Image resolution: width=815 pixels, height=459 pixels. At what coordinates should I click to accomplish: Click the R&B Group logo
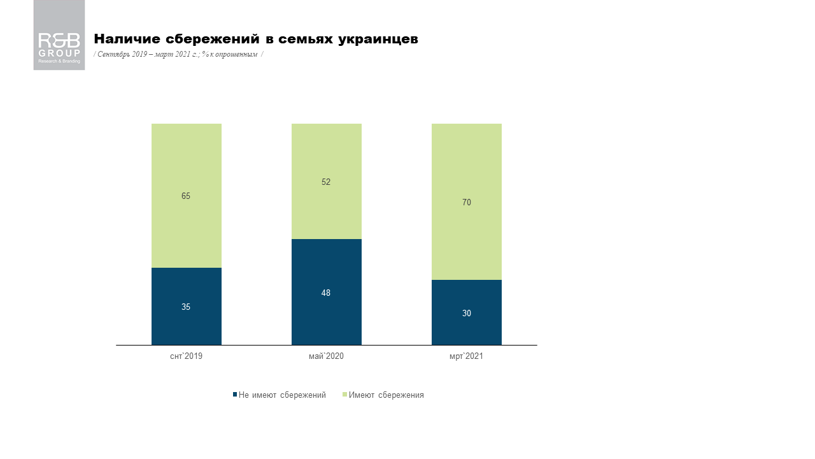tap(59, 35)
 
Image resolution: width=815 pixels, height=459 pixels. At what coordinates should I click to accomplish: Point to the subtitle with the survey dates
tap(178, 54)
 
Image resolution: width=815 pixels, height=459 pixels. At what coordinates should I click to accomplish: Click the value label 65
tap(186, 196)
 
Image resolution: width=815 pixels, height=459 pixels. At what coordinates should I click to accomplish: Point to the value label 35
tap(186, 307)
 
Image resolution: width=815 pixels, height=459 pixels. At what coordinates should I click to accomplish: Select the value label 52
tap(326, 182)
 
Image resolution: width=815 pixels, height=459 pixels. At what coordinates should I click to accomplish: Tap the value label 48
tap(326, 293)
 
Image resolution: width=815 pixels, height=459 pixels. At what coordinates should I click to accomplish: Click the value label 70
tap(467, 202)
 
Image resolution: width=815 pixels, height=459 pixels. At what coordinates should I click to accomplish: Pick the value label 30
tap(467, 313)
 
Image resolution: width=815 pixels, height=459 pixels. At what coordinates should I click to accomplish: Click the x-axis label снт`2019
tap(186, 356)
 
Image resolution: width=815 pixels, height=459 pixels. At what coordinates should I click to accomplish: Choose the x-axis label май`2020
tap(326, 356)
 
